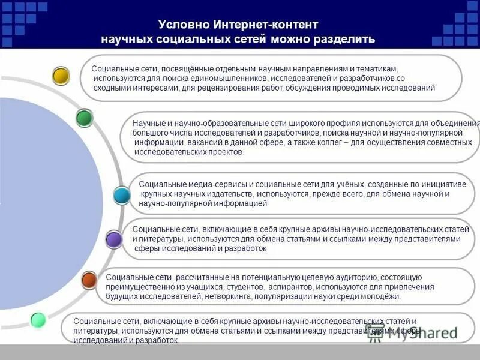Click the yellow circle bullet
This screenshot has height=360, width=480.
[x=61, y=76]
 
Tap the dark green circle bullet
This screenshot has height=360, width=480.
[x=85, y=118]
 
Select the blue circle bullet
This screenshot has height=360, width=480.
[x=122, y=195]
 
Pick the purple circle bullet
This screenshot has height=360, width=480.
[x=113, y=240]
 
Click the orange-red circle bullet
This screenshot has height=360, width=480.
[x=89, y=280]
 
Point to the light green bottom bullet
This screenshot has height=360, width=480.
[x=38, y=320]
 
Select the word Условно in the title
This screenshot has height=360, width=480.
[x=184, y=25]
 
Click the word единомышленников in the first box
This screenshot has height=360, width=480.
[x=232, y=79]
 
